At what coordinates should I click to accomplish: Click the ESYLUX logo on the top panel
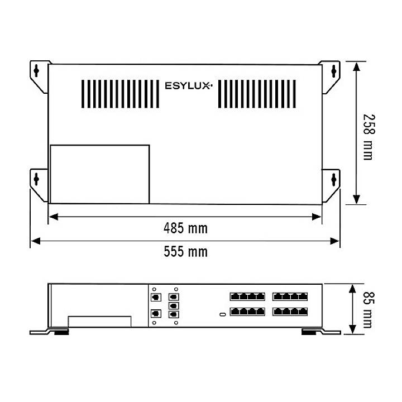point(188,86)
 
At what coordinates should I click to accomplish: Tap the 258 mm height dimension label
point(367,137)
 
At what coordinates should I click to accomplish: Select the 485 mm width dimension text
point(185,228)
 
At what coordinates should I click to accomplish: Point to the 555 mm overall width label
point(185,252)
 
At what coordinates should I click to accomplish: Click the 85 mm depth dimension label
point(366,309)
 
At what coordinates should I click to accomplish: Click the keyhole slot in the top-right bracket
point(334,71)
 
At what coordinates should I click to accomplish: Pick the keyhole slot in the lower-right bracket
point(334,179)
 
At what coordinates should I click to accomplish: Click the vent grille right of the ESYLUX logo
point(257,93)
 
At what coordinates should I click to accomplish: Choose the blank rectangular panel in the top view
point(99,174)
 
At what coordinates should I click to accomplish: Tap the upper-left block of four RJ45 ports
point(247,296)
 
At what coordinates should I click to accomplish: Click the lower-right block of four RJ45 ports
point(290,312)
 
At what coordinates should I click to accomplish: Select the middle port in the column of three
point(173,306)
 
